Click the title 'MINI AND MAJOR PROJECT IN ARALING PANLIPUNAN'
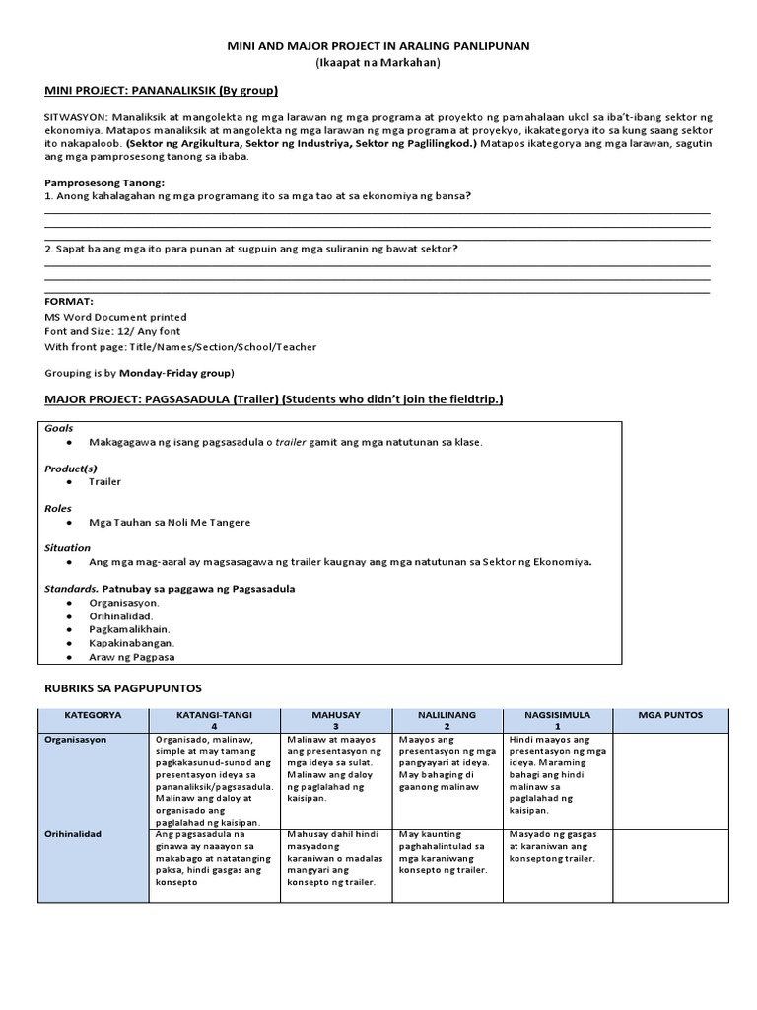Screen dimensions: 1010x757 (378, 46)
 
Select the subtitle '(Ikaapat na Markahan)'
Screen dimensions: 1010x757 (378, 63)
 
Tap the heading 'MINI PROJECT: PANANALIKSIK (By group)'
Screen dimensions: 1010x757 (162, 91)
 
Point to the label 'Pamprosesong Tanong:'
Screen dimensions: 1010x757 (104, 183)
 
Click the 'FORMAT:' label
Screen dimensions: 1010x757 (69, 301)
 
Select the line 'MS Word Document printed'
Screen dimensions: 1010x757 (115, 317)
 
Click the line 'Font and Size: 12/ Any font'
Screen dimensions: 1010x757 (116, 332)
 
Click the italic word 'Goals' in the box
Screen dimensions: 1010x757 (60, 428)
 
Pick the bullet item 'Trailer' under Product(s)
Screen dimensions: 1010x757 (105, 481)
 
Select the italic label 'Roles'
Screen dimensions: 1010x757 (59, 508)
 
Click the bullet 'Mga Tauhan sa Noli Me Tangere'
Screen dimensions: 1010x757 (170, 522)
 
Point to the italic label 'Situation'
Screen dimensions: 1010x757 (67, 547)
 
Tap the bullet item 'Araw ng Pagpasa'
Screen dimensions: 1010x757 (132, 657)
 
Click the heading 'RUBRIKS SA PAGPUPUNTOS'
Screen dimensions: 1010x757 (123, 687)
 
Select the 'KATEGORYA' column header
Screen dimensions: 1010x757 (93, 715)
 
